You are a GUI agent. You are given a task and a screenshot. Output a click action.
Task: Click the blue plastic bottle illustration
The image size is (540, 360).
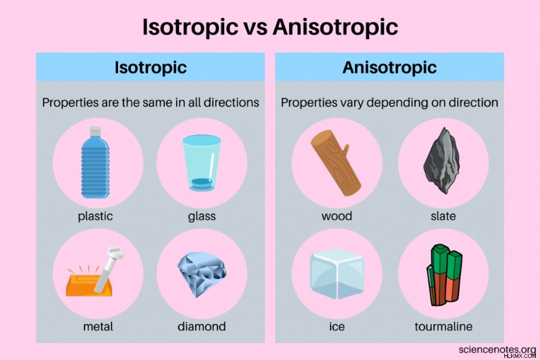point(95,163)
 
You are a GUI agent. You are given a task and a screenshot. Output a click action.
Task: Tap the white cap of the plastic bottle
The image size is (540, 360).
point(95,131)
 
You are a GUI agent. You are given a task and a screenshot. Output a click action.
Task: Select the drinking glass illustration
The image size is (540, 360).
point(202,163)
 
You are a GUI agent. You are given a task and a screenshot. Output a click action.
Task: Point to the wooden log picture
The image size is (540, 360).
point(335,163)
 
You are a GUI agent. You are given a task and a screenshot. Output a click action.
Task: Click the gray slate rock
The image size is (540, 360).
point(441,160)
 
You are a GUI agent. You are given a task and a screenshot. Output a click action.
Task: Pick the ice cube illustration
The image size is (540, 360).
point(337,274)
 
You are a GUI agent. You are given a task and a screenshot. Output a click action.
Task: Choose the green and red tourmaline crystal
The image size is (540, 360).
point(444,275)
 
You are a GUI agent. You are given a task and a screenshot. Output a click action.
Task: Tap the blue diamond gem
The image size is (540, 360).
point(202,274)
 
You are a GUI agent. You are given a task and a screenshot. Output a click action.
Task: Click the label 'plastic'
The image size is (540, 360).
point(95,216)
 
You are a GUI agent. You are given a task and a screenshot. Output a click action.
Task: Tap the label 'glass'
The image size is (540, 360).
point(202,216)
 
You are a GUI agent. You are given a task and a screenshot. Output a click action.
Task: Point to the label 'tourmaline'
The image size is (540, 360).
point(443,326)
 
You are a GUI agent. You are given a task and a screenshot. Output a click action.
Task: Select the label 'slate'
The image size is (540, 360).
point(443,216)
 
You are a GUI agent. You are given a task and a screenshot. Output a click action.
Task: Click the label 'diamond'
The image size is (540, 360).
point(202,326)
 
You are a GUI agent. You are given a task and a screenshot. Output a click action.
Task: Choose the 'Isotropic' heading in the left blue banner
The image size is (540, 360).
point(151,68)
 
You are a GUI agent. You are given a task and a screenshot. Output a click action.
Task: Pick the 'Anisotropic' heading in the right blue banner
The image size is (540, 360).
point(389,68)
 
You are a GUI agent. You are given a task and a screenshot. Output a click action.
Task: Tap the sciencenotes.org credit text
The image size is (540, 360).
point(497,349)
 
